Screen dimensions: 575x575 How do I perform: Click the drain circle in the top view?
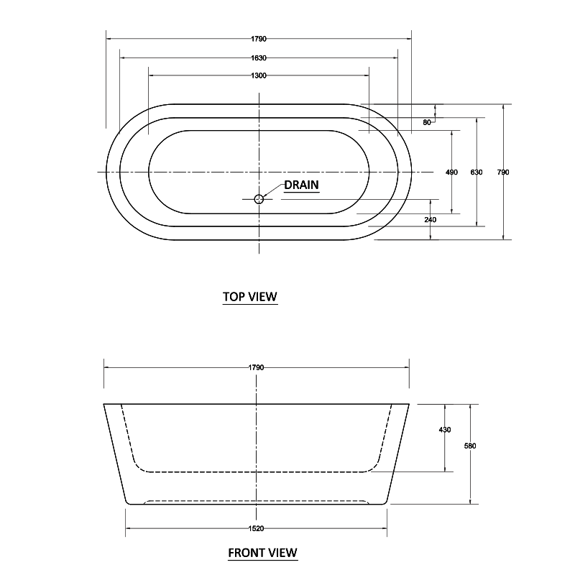(x=259, y=199)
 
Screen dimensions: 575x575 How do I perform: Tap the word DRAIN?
(x=301, y=185)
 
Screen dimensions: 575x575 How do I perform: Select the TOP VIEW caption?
(x=249, y=296)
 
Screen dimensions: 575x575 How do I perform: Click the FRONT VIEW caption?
(x=262, y=553)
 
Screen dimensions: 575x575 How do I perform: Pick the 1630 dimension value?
(x=259, y=57)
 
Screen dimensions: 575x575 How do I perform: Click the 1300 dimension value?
(x=259, y=75)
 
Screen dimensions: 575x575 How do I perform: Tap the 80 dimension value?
(x=427, y=123)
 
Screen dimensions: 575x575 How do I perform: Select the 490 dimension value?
(x=451, y=172)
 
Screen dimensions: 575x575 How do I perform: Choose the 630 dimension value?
(x=476, y=172)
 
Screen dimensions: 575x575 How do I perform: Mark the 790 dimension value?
(x=503, y=172)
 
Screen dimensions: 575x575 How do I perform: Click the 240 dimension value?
(x=430, y=219)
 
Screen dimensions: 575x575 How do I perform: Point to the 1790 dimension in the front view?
(x=257, y=367)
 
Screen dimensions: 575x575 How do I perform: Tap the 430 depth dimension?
(x=444, y=430)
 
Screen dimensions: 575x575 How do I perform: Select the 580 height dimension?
(x=470, y=446)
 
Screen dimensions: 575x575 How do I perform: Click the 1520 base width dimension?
(x=257, y=528)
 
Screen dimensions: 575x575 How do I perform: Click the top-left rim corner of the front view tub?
(x=105, y=404)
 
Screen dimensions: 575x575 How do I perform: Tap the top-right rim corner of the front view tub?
(x=409, y=404)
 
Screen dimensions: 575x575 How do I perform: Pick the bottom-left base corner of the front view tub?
(x=127, y=502)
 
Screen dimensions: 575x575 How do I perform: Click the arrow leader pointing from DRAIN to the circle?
(x=273, y=190)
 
